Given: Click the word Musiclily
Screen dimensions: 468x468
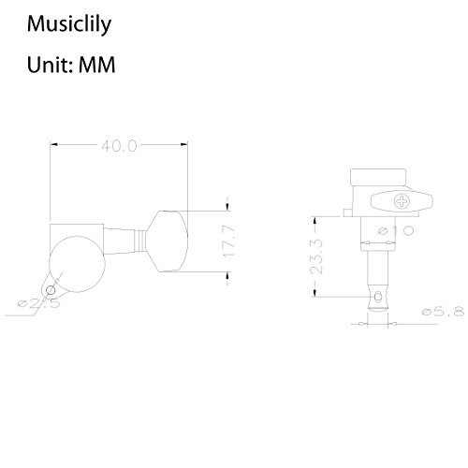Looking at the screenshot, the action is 69,24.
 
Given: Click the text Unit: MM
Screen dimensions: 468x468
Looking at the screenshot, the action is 71,65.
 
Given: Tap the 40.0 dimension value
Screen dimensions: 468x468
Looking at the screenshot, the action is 119,146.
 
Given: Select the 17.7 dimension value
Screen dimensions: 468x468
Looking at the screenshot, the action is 228,241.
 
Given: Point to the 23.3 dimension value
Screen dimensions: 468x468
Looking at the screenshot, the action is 315,256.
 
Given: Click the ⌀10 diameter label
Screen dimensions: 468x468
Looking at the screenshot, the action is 396,230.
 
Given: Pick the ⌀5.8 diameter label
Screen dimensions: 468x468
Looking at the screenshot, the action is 443,312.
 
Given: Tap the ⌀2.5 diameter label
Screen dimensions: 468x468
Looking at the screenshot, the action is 39,303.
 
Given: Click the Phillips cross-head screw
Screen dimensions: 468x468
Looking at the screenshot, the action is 402,201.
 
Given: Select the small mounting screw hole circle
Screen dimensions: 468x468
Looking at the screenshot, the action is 51,290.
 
